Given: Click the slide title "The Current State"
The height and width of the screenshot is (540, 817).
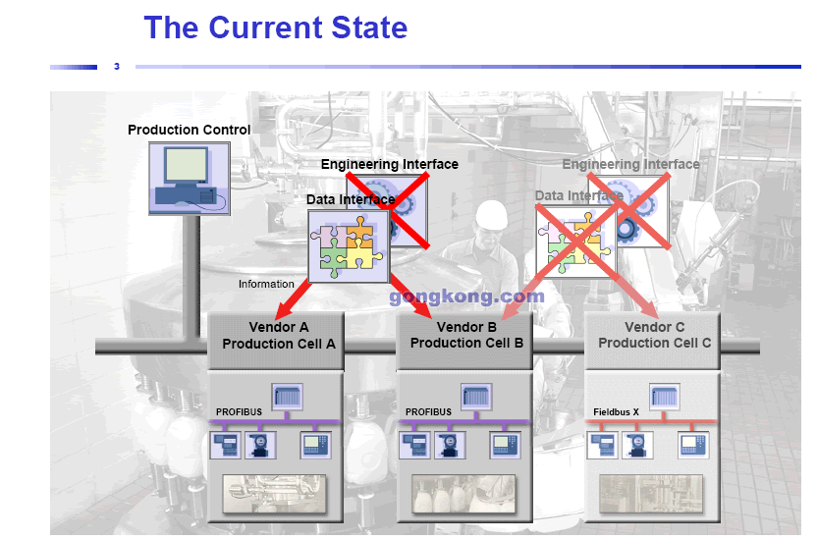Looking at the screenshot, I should pyautogui.click(x=275, y=27).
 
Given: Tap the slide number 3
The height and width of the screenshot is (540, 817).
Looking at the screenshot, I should pyautogui.click(x=117, y=67).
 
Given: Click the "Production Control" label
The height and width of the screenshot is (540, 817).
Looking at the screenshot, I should pyautogui.click(x=189, y=130).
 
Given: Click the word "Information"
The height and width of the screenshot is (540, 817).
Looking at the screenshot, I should pyautogui.click(x=266, y=284).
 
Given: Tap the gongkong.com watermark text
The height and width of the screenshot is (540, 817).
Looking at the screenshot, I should pyautogui.click(x=466, y=296).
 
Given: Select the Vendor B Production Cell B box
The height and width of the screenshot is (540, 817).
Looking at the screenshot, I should pyautogui.click(x=465, y=336).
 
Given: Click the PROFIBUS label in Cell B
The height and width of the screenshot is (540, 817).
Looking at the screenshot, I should pyautogui.click(x=428, y=411).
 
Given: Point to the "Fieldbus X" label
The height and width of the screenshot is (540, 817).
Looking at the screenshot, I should pyautogui.click(x=617, y=411).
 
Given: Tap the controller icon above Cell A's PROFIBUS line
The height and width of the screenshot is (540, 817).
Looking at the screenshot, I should pyautogui.click(x=287, y=397).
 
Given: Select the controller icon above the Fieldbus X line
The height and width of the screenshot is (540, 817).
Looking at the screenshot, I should pyautogui.click(x=665, y=397).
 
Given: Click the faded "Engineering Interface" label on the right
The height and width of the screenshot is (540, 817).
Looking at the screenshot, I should pyautogui.click(x=630, y=164).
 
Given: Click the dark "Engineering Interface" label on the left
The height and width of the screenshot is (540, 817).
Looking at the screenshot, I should pyautogui.click(x=389, y=164).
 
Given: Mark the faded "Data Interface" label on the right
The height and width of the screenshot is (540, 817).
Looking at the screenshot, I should pyautogui.click(x=578, y=195).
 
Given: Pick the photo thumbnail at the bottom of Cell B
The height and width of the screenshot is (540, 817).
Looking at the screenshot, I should pyautogui.click(x=463, y=494).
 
